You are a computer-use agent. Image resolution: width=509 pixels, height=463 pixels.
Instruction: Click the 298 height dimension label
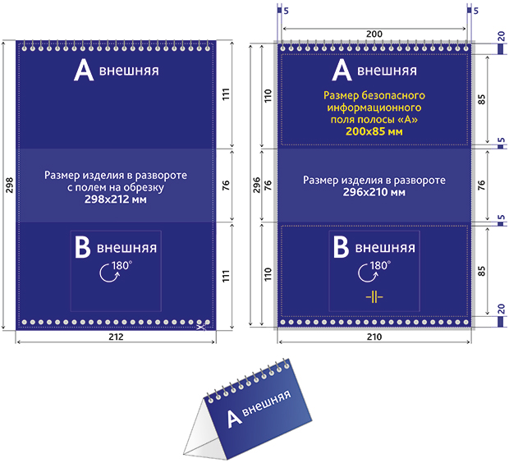point(9,185)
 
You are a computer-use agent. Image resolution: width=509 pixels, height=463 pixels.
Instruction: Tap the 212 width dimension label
point(116,337)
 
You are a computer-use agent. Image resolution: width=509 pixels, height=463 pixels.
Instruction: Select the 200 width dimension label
point(374,34)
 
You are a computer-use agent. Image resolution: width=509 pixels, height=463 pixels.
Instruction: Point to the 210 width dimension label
point(374,337)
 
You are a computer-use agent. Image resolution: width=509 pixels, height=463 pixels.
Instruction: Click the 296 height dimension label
point(257,185)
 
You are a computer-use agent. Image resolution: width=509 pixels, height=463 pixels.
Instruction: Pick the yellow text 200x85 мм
point(374,131)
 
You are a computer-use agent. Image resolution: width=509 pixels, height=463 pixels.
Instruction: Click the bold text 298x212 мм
point(116,199)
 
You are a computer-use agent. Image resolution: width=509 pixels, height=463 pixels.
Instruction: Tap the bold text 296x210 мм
point(374,192)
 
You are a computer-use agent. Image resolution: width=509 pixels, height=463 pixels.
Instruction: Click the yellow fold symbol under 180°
point(374,296)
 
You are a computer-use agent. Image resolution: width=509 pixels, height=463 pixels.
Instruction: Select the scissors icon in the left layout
point(202,326)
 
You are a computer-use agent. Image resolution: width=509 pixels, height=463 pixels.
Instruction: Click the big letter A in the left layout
point(84,71)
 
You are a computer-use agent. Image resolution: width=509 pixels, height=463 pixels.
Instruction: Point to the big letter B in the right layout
point(342,247)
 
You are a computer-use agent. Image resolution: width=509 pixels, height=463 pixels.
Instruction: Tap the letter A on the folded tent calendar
point(234,419)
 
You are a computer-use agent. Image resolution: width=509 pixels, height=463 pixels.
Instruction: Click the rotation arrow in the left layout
point(109,273)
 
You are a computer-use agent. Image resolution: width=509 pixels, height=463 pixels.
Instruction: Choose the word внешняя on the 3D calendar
point(267,402)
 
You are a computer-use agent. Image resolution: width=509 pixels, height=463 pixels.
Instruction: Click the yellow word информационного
point(374,108)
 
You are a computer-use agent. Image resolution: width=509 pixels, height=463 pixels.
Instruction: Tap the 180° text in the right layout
point(380,266)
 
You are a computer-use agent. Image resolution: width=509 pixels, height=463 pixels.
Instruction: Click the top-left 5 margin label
point(286,11)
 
